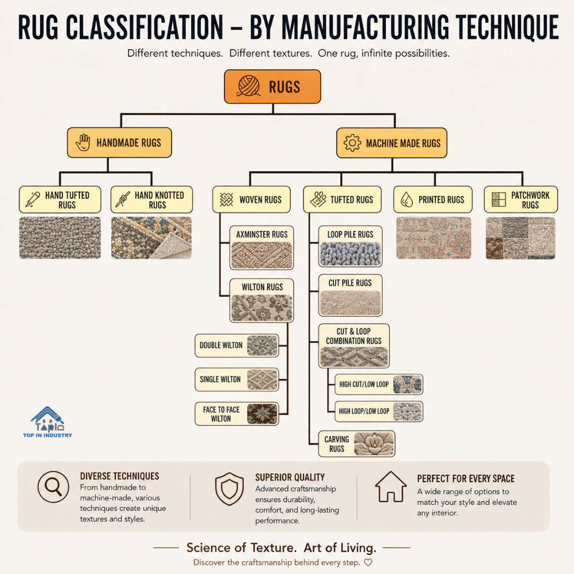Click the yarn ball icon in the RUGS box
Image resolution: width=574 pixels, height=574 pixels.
(x=249, y=86)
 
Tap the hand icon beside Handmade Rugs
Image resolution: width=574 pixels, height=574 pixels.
(x=83, y=142)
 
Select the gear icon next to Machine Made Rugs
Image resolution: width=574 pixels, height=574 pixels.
(x=352, y=143)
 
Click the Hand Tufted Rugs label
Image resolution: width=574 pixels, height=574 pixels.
(x=67, y=200)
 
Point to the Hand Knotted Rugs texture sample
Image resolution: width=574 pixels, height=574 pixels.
(x=151, y=238)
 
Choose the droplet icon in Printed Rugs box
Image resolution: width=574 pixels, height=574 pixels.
(x=407, y=199)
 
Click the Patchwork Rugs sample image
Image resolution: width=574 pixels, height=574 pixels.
(x=520, y=238)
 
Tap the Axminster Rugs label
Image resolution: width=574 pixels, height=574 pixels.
(x=261, y=234)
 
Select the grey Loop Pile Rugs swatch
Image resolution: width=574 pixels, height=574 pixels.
(x=350, y=254)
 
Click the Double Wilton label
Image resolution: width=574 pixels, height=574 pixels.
(x=221, y=345)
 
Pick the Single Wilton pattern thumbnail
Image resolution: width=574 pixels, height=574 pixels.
(x=262, y=379)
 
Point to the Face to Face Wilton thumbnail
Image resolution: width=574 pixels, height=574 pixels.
(x=262, y=413)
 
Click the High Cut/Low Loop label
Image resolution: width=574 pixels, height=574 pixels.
(x=364, y=384)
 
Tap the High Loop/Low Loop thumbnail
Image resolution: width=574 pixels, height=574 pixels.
(x=408, y=411)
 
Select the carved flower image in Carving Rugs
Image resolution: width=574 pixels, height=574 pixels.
(x=374, y=444)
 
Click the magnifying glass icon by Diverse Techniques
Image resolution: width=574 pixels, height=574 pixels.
(x=54, y=487)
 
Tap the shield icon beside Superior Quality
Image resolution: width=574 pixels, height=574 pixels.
(x=230, y=489)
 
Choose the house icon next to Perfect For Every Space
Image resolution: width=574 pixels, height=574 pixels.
(x=391, y=486)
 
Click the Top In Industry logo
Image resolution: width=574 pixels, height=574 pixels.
(x=48, y=421)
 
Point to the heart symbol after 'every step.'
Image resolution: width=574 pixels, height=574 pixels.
(x=368, y=562)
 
